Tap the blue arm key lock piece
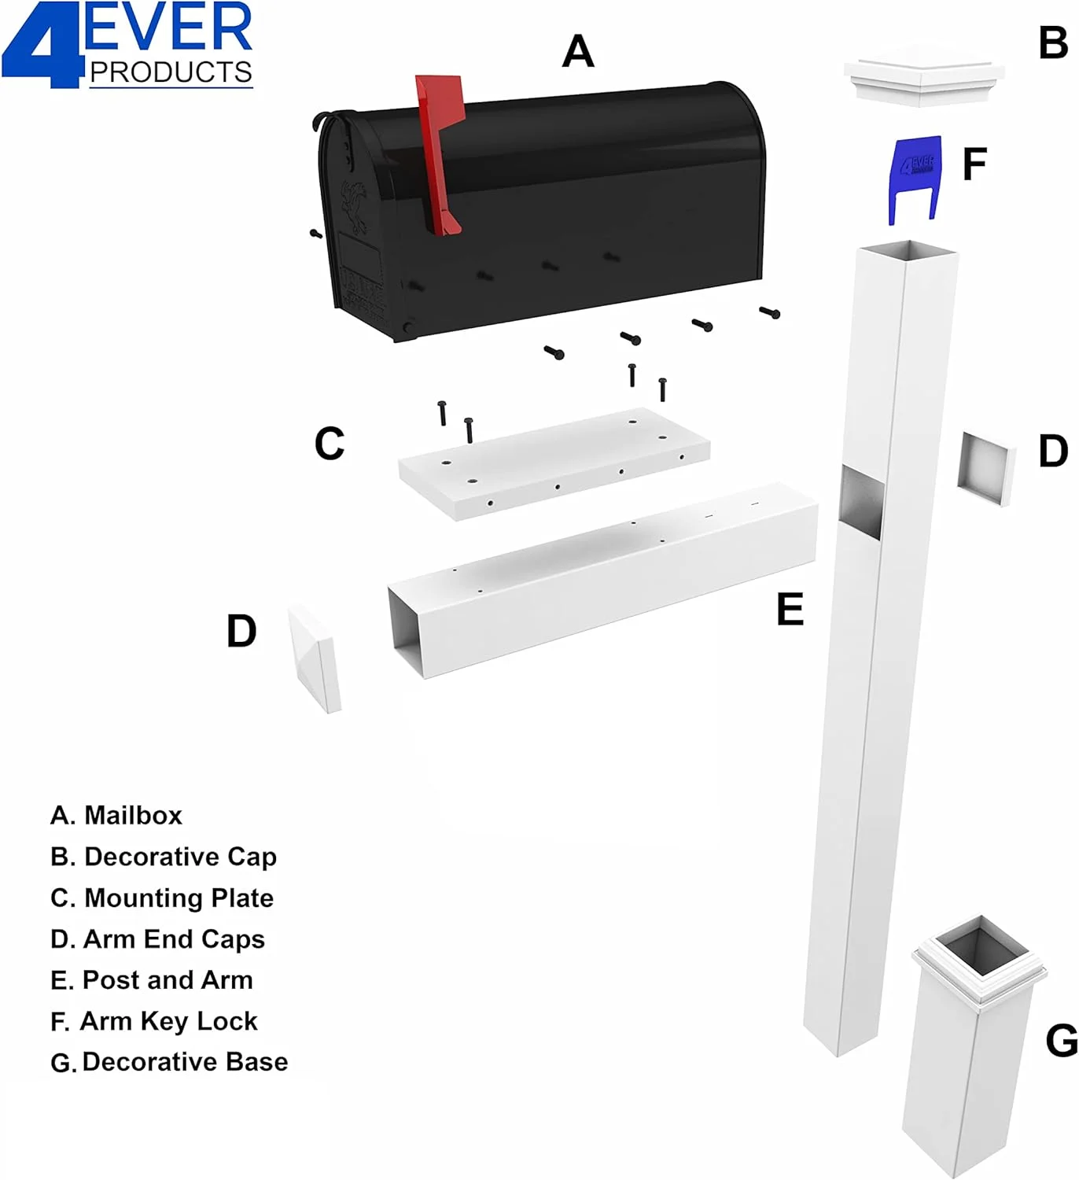[915, 180]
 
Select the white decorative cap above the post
[924, 76]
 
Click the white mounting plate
[554, 464]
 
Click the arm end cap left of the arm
[314, 658]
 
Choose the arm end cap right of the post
[986, 468]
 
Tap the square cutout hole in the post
[861, 502]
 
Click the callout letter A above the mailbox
[578, 51]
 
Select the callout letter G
[1062, 1041]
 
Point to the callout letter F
[974, 164]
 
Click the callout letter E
[790, 610]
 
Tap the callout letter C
[330, 444]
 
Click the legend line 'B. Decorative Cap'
[164, 857]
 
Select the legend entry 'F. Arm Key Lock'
[154, 1021]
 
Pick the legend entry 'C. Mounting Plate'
[162, 898]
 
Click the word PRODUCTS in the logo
[171, 72]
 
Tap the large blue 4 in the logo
[41, 46]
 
